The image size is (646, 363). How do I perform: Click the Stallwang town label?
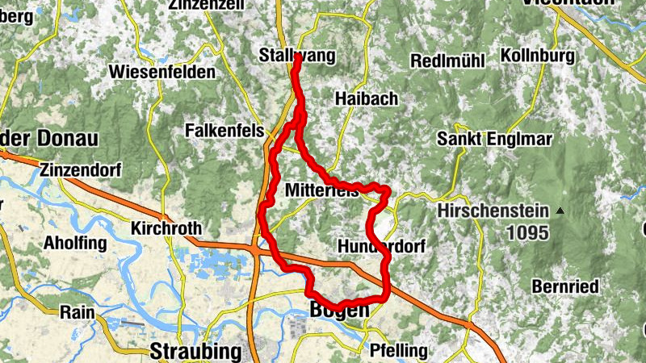(x=296, y=55)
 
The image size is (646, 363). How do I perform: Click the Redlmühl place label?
(x=447, y=61)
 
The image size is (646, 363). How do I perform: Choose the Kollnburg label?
(x=537, y=56)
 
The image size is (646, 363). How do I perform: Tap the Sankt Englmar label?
(x=494, y=139)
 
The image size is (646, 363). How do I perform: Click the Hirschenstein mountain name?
(x=494, y=211)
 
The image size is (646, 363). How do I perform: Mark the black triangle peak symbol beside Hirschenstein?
(x=560, y=211)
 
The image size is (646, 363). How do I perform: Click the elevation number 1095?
(x=528, y=233)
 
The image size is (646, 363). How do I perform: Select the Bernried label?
(x=565, y=286)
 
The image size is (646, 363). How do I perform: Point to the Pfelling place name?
(x=396, y=350)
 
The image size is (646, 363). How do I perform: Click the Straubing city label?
(x=195, y=351)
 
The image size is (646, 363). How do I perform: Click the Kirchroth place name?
(x=166, y=228)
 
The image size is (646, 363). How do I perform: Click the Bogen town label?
(x=340, y=309)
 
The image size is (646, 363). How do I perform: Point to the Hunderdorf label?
(x=376, y=245)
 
